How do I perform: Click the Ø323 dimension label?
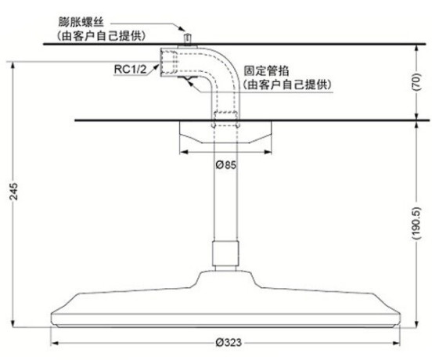(229, 343)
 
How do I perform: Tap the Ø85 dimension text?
(226, 165)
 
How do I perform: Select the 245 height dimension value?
(13, 191)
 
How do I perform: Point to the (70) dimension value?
(416, 82)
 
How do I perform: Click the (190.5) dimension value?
(416, 223)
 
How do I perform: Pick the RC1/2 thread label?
(131, 69)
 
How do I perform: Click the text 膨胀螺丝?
(81, 22)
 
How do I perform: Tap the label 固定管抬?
(266, 70)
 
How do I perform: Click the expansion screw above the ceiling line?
(187, 39)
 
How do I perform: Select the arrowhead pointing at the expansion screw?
(181, 28)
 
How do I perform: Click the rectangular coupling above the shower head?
(225, 254)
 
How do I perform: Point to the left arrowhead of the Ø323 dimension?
(55, 343)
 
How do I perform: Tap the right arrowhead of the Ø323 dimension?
(396, 343)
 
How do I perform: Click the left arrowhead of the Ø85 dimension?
(184, 152)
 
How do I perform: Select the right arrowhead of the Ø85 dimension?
(268, 152)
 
